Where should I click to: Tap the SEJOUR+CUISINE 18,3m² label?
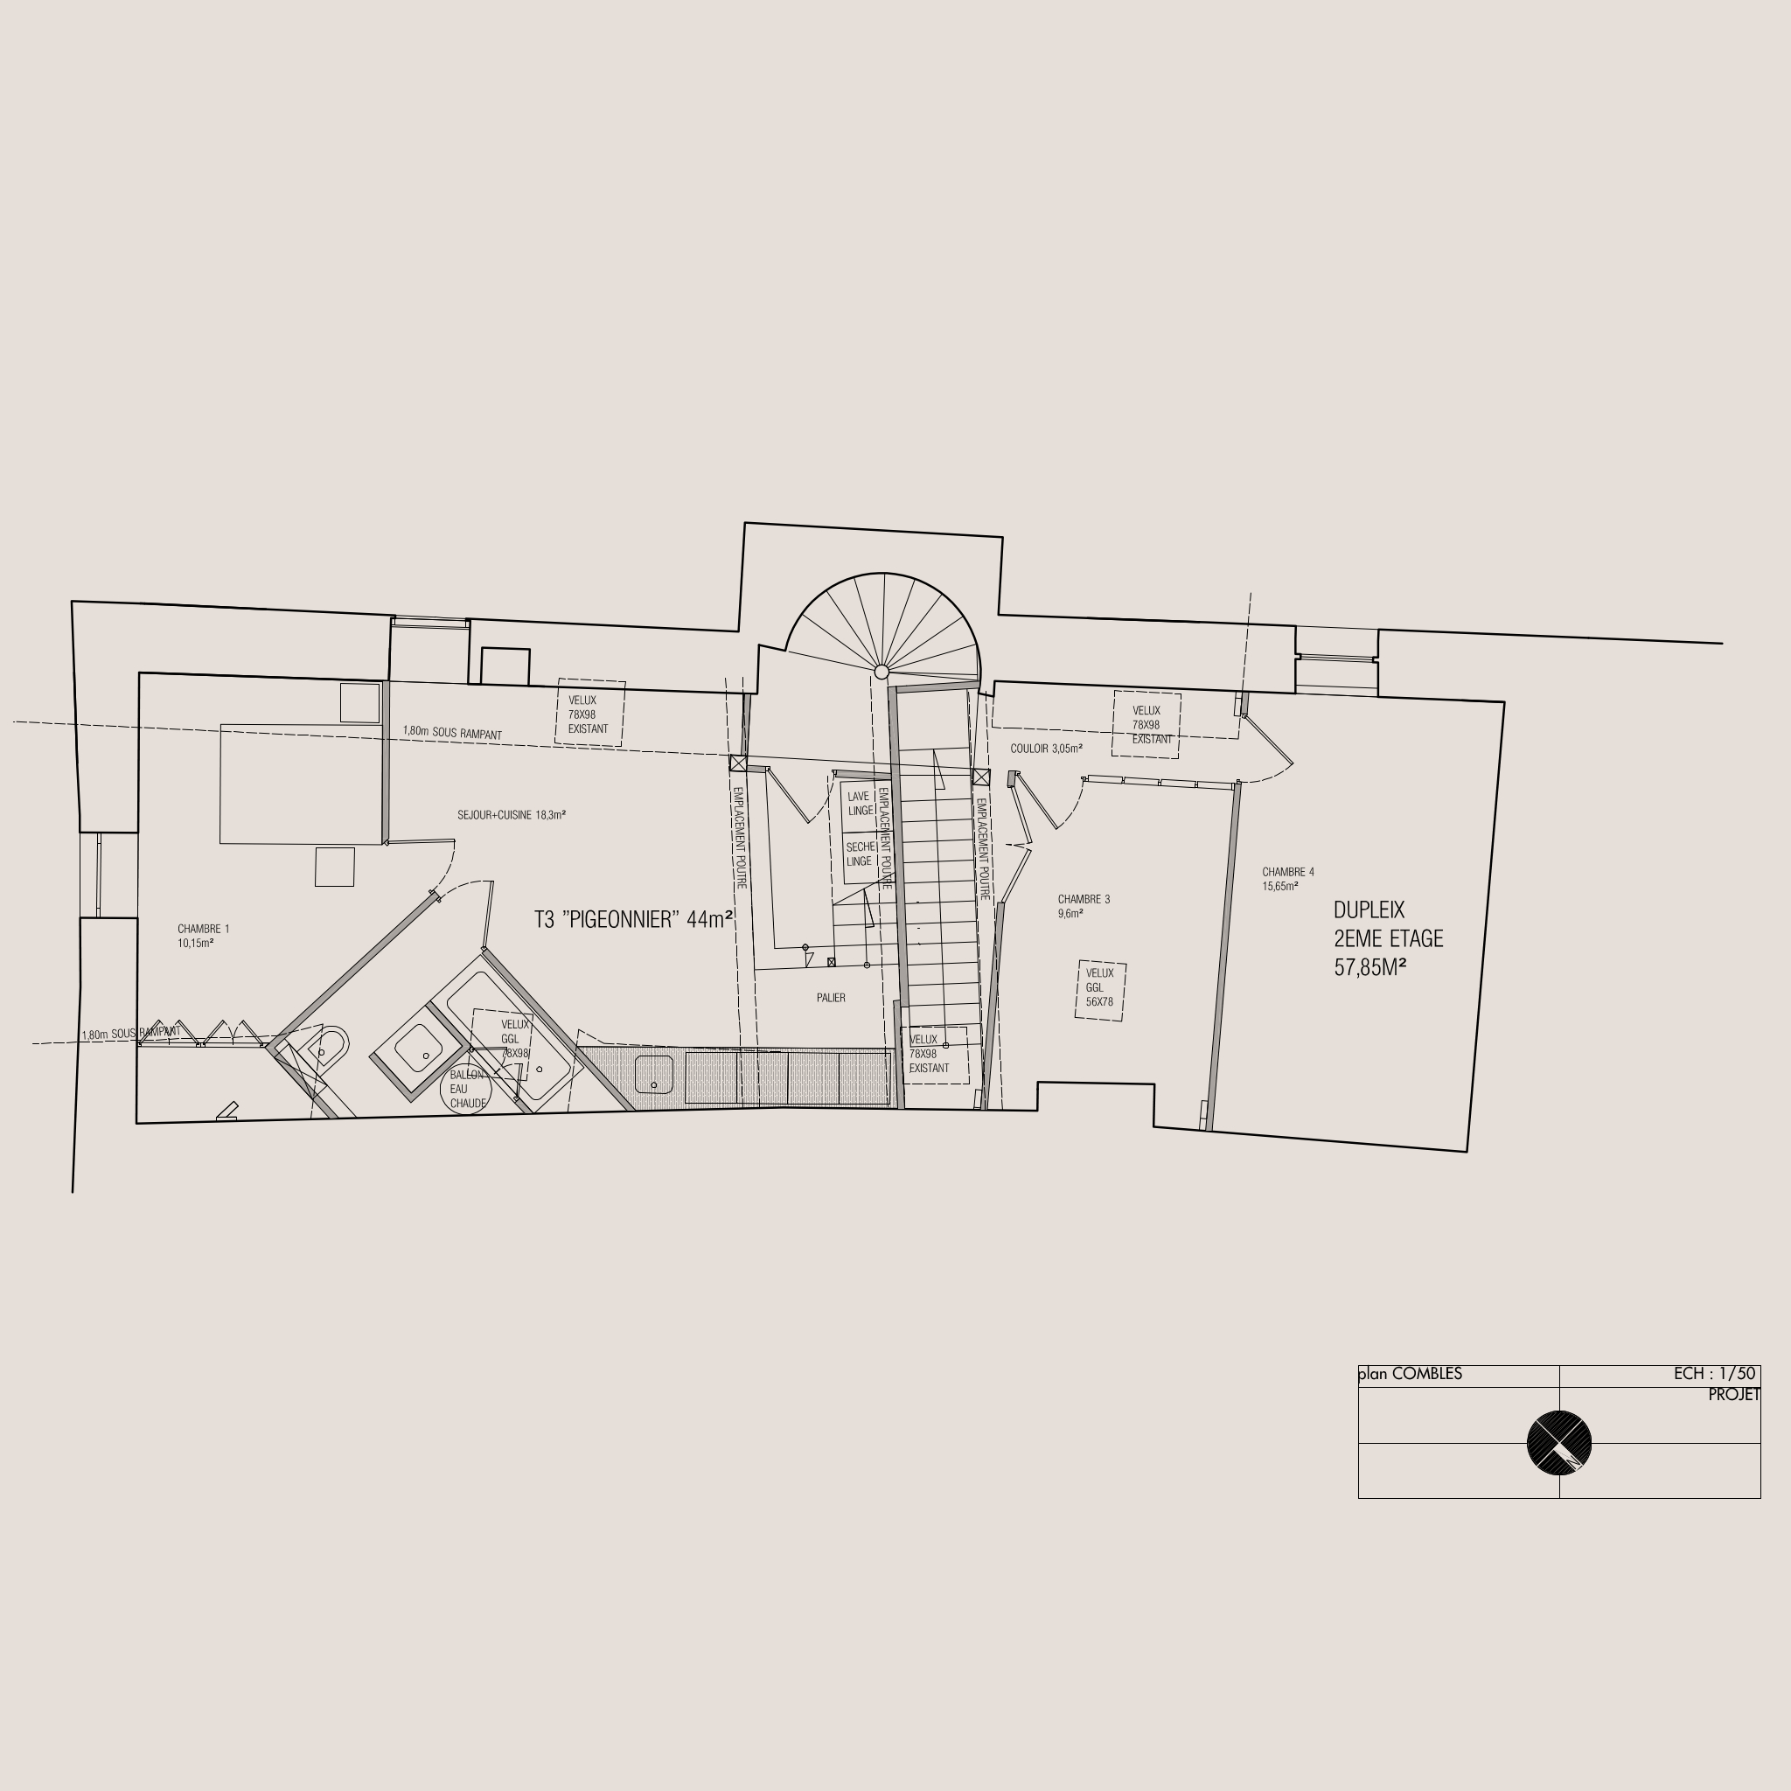[x=512, y=815]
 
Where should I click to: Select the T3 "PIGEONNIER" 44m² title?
[x=634, y=919]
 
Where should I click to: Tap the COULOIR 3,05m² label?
[x=1047, y=748]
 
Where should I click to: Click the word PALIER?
[x=831, y=998]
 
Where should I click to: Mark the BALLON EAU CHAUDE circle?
[x=465, y=1090]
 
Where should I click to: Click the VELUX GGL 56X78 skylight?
[x=1100, y=991]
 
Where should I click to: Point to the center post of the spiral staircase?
[x=882, y=671]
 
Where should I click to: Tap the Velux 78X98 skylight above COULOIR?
[x=1146, y=725]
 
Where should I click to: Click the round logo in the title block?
[x=1559, y=1442]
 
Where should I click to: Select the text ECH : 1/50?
[x=1714, y=1374]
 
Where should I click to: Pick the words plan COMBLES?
[x=1410, y=1374]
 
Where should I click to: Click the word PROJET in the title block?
[x=1733, y=1394]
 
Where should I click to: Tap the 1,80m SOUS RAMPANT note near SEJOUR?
[x=452, y=732]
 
